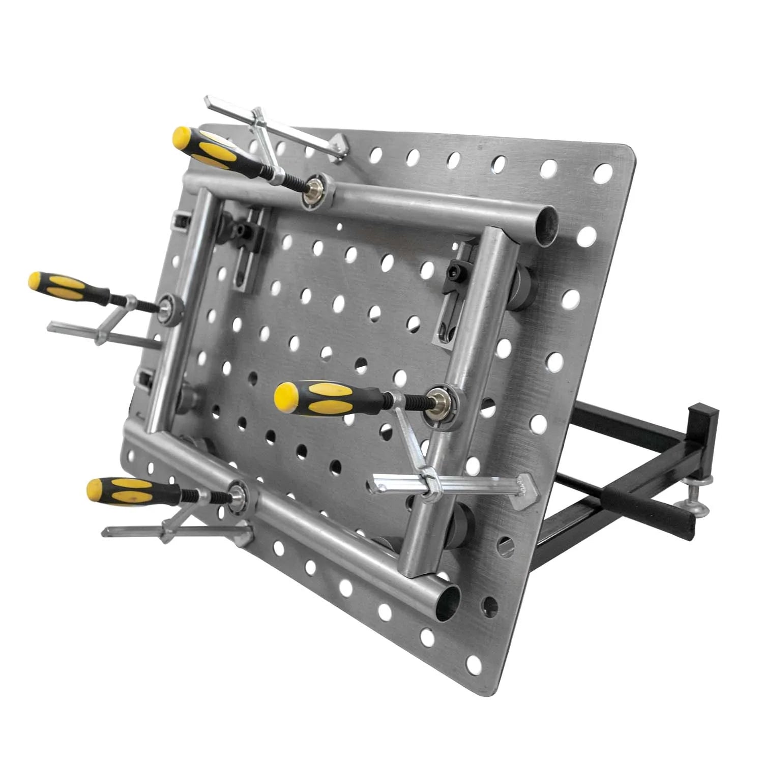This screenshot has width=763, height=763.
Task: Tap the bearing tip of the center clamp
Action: click(438, 401)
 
